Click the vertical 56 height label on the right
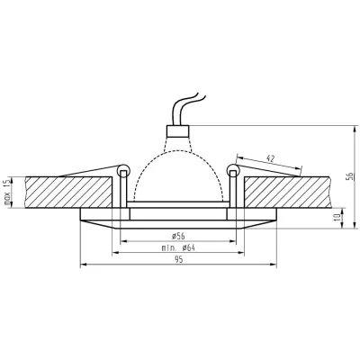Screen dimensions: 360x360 click(x=350, y=176)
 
